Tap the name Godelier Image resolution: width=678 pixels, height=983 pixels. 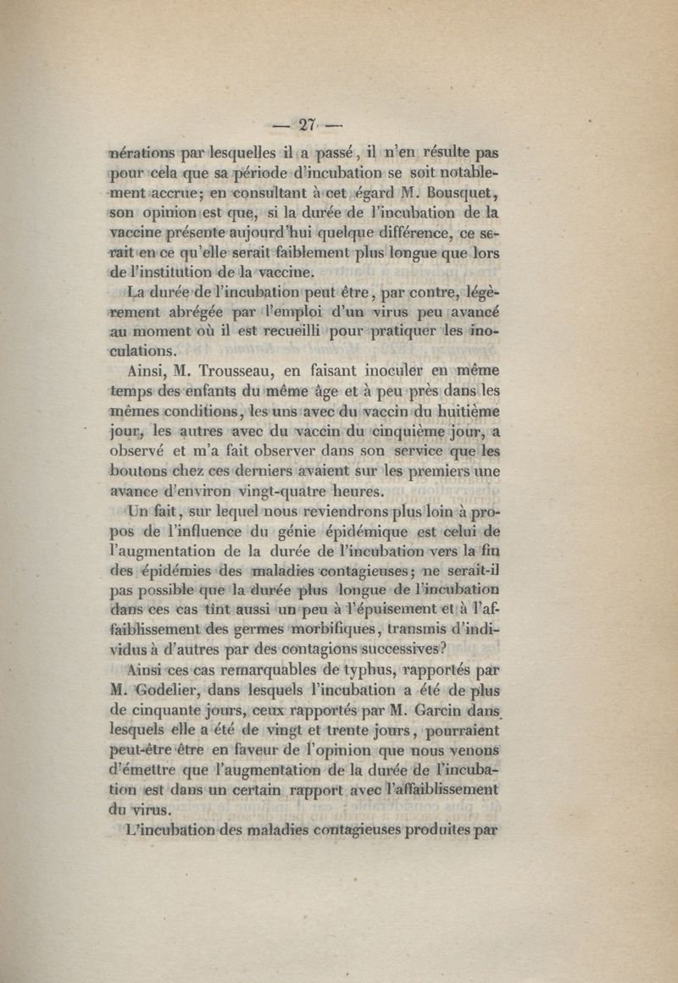181,688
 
